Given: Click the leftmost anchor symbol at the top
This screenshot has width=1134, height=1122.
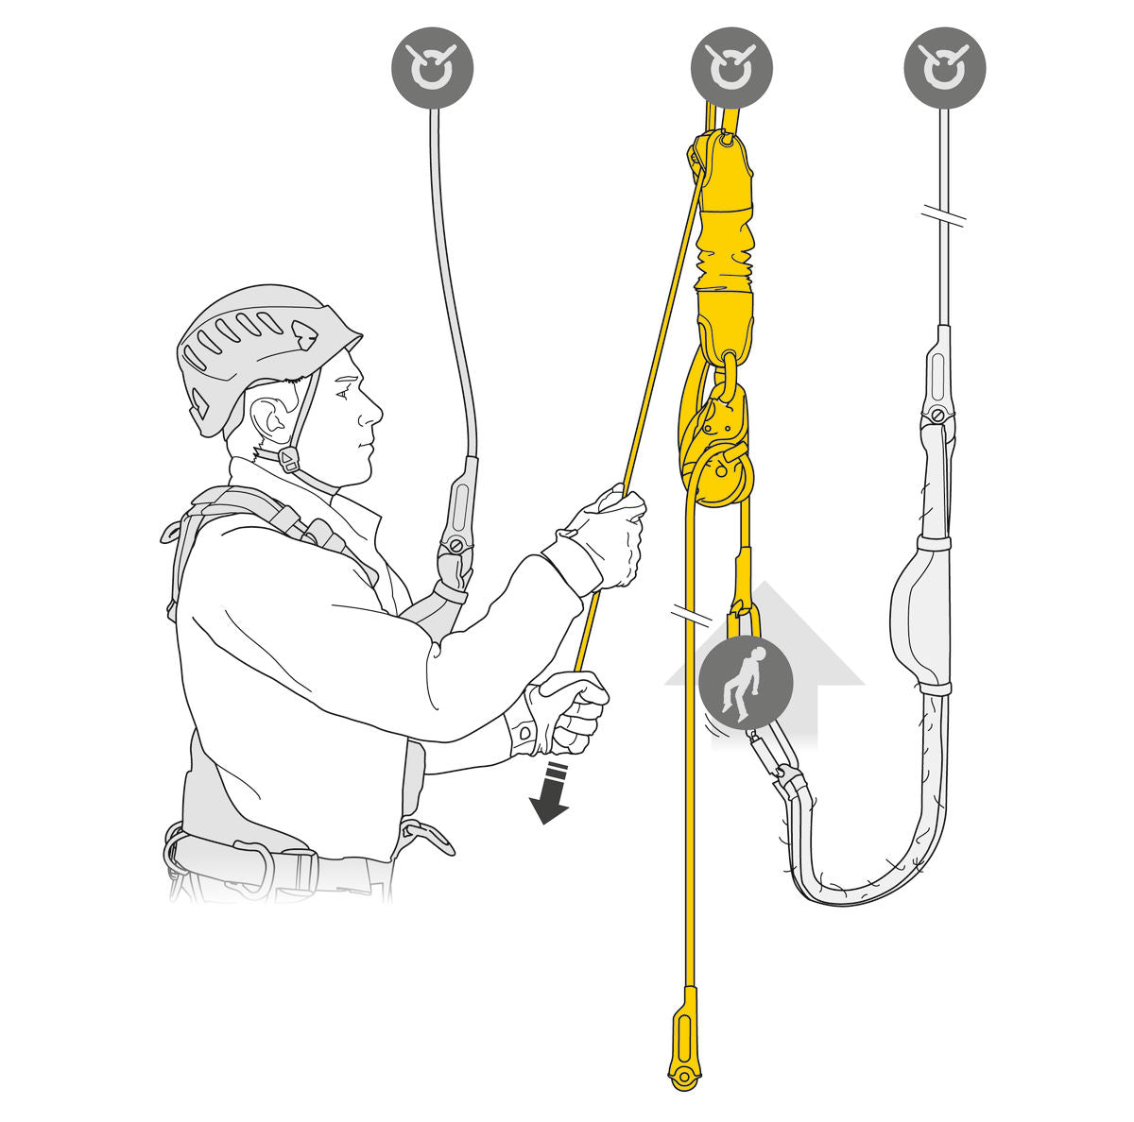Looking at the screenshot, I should (x=433, y=68).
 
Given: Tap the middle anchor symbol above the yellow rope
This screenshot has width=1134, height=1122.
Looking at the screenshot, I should (x=731, y=68).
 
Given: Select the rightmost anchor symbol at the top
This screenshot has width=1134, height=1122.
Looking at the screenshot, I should (x=944, y=68).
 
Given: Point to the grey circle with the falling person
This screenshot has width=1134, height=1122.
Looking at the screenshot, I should (x=745, y=682).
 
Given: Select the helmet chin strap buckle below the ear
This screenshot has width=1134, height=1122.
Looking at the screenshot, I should (x=288, y=460).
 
